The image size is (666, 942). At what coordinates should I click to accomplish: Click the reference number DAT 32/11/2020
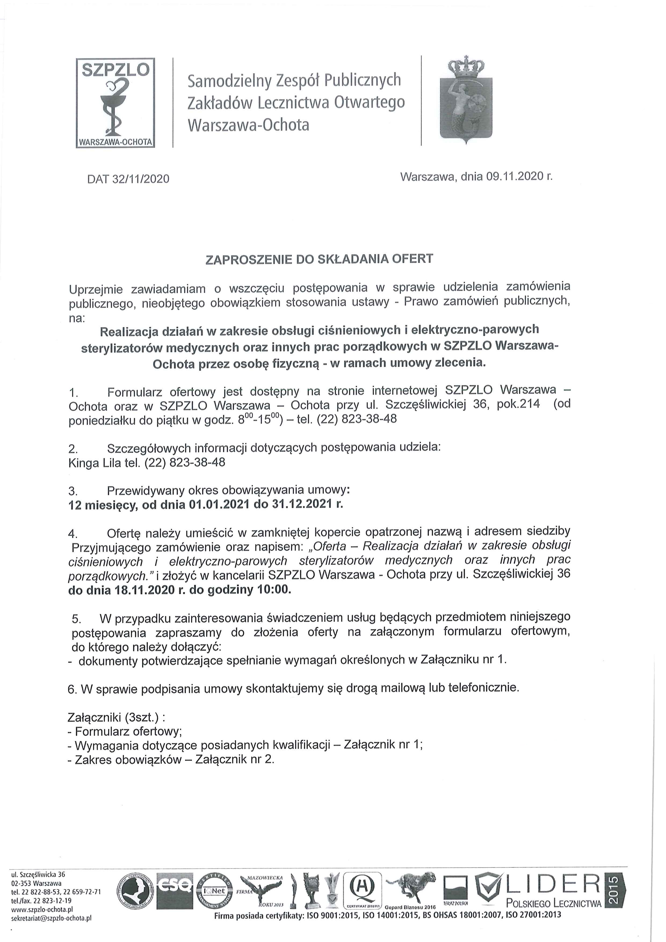128,179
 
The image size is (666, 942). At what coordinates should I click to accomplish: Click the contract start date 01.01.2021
219,504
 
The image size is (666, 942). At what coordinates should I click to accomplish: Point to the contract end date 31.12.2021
301,504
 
